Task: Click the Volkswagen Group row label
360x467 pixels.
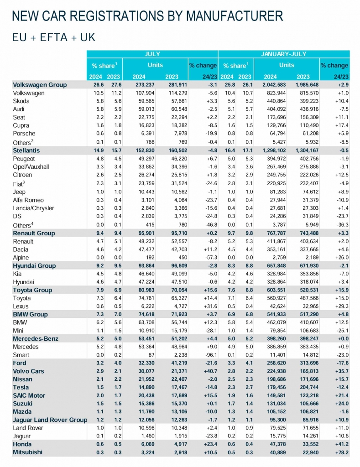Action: coord(40,85)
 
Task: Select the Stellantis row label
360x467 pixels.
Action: coord(26,150)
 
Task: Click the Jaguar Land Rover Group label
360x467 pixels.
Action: coord(50,420)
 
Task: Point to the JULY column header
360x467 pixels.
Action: coord(152,53)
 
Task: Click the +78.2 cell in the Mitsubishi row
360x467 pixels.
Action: coord(340,452)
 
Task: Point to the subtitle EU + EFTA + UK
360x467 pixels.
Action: coord(53,37)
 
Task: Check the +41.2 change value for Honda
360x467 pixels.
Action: coord(340,444)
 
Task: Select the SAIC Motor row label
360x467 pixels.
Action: coord(29,395)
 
